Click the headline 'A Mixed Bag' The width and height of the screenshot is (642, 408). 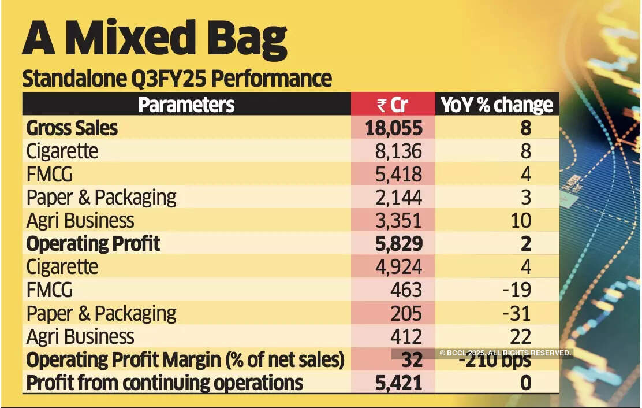[154, 39]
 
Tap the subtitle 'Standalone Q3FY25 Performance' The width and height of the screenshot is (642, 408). [177, 79]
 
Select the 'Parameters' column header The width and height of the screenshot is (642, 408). [186, 105]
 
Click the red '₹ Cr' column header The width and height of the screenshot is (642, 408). [393, 105]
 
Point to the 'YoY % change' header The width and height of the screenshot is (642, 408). [497, 105]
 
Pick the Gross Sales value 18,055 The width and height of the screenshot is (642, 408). [394, 128]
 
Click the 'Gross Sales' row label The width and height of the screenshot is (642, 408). [72, 128]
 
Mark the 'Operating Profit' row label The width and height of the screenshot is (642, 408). [93, 244]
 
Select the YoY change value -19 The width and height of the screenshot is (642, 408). [516, 290]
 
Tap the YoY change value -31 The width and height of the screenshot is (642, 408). [516, 313]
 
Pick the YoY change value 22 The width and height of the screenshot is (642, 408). [520, 336]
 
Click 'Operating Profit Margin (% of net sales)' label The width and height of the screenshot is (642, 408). [185, 360]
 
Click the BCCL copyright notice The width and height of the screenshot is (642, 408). [505, 353]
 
